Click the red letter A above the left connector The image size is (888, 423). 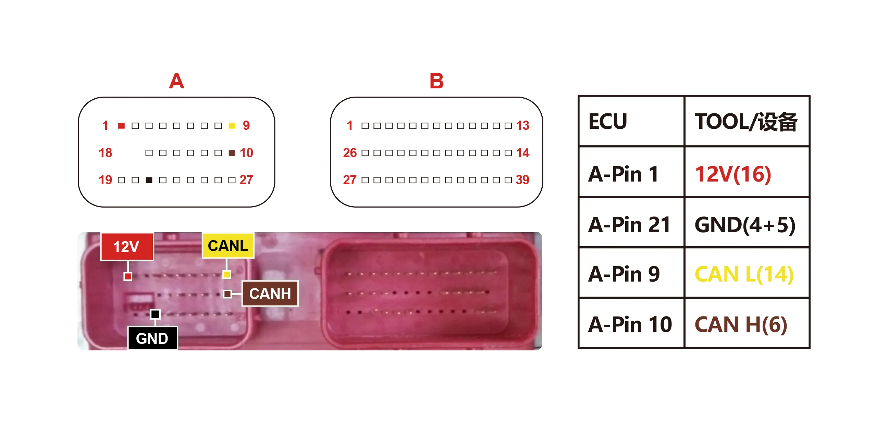point(176,81)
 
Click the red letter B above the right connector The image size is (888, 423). point(436,81)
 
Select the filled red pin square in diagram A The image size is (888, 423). point(121,126)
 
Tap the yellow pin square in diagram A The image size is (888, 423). point(232,126)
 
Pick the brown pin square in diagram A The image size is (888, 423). point(232,153)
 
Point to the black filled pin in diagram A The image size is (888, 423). point(149,180)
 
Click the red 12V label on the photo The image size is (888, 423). point(127,247)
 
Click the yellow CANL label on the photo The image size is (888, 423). point(228,246)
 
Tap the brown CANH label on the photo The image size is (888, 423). point(270,294)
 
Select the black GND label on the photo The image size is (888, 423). point(152,338)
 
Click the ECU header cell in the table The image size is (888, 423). point(631,121)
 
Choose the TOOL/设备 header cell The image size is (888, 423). point(747,121)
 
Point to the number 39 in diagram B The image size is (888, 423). point(522,180)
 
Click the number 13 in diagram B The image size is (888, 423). point(522,125)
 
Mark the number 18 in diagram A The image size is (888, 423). point(105,153)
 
